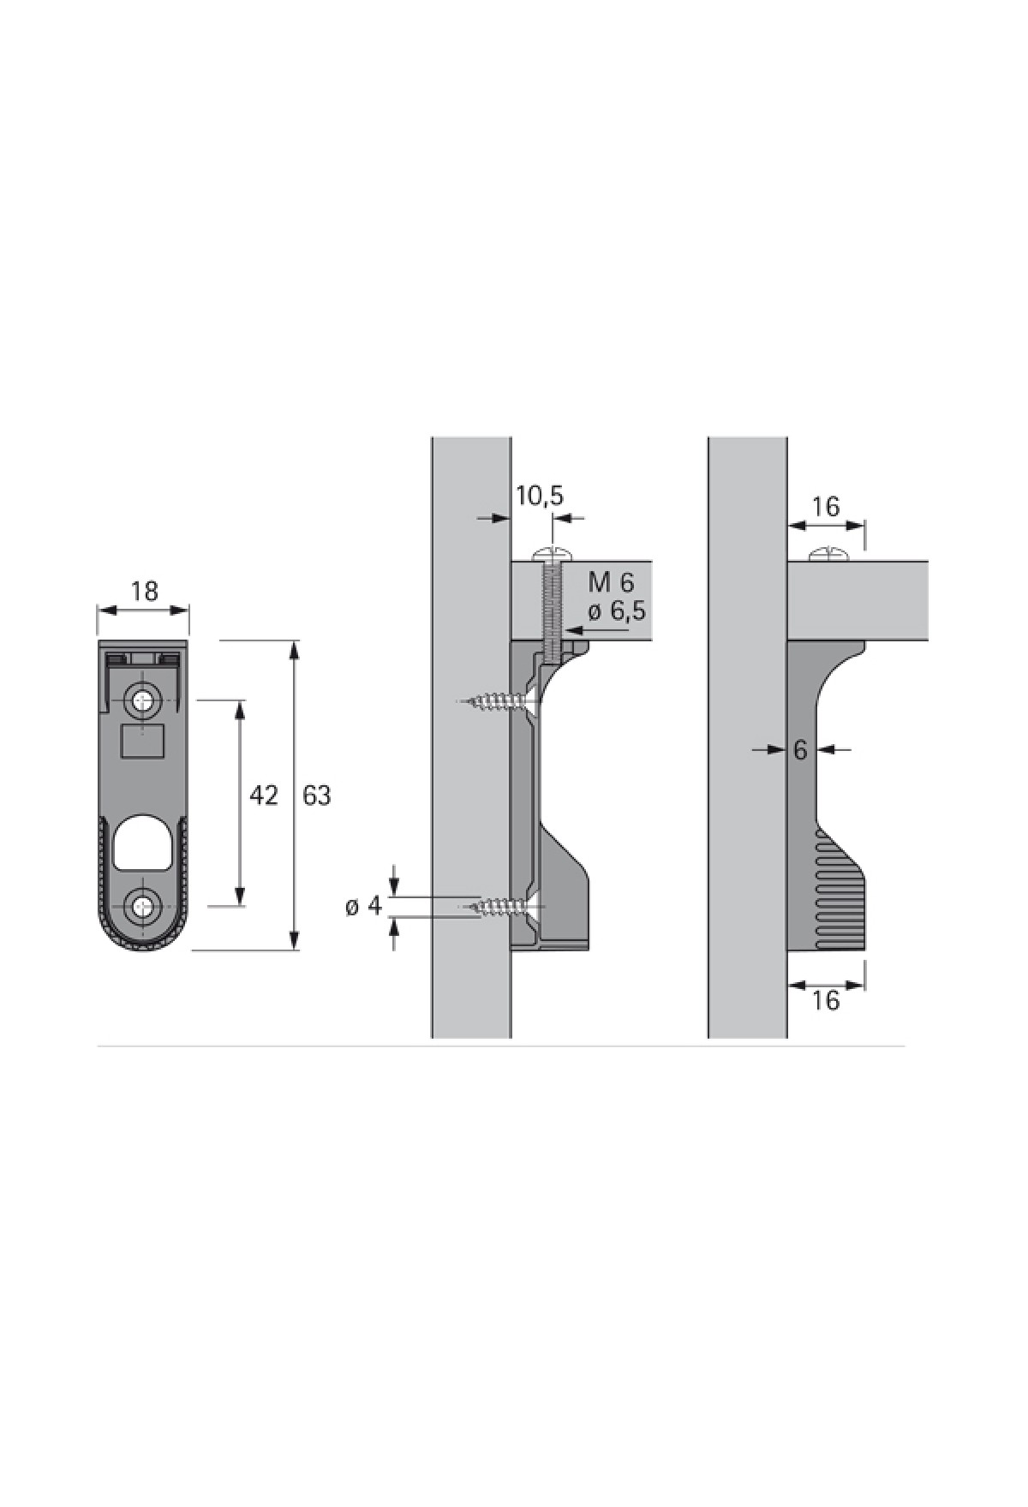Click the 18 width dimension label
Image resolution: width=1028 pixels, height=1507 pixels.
(x=145, y=591)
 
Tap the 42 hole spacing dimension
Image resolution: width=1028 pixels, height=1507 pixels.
(x=264, y=795)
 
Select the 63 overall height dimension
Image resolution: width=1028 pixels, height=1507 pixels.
(x=317, y=795)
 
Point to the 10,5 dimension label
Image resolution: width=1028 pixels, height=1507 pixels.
(x=540, y=496)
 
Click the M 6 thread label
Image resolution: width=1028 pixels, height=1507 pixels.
(x=611, y=583)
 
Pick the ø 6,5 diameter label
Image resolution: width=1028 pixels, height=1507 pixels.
(x=616, y=611)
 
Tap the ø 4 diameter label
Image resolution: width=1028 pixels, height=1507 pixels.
(x=363, y=906)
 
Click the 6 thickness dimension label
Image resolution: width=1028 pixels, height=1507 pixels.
(x=800, y=750)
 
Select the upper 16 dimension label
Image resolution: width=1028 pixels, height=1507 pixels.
(x=825, y=507)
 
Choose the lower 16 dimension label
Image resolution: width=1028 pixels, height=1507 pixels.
(x=825, y=1000)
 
